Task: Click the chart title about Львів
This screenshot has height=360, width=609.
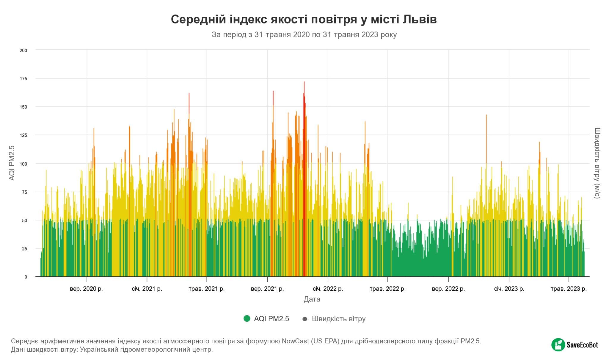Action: (304, 19)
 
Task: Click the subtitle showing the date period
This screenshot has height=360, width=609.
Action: (304, 35)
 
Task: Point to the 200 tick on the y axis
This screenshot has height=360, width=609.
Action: (23, 51)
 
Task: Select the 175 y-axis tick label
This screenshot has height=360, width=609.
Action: (23, 79)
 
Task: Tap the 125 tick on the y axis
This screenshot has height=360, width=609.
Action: (23, 135)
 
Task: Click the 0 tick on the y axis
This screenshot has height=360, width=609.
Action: (26, 277)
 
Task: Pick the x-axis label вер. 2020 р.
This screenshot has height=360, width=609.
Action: (86, 289)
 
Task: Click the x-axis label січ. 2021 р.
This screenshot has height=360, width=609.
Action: (147, 289)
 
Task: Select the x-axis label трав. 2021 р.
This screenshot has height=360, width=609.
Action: (206, 289)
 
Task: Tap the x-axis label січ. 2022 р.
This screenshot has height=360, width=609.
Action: (328, 289)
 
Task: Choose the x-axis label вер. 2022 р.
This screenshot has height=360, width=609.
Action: (448, 289)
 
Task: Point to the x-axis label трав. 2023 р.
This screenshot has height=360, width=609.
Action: (569, 289)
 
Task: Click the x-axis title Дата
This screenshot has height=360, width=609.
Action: (312, 299)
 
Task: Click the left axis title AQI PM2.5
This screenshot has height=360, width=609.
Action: (12, 163)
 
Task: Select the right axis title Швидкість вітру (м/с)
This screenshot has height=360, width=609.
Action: (597, 163)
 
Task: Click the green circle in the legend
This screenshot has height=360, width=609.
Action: (247, 319)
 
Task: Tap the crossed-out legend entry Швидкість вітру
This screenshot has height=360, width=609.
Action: (338, 319)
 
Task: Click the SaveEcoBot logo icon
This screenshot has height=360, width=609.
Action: (558, 345)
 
